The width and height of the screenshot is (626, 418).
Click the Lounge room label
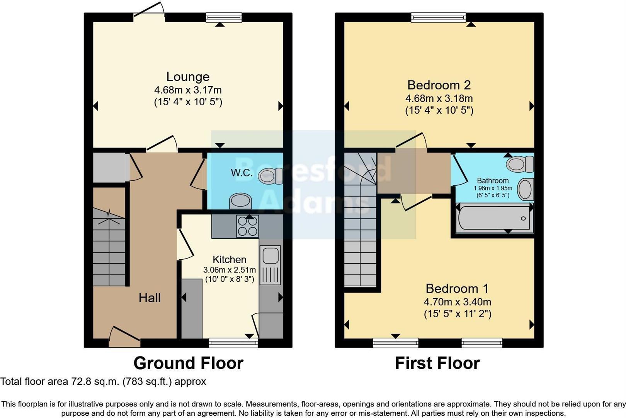click(188, 77)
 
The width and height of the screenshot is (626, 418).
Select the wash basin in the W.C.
click(240, 201)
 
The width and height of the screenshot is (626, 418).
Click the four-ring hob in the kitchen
click(247, 226)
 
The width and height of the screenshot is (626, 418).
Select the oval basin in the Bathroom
click(525, 189)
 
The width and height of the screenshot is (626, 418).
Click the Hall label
click(150, 298)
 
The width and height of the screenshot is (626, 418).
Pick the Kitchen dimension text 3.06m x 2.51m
click(230, 270)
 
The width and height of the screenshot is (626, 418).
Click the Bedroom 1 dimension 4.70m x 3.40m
click(457, 302)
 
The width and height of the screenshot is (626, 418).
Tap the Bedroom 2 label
click(439, 85)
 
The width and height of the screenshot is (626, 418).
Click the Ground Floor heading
click(188, 363)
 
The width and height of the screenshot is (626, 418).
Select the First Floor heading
click(437, 363)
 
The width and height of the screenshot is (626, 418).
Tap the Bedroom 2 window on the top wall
click(438, 17)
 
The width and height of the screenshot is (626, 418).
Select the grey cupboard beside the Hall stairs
click(111, 168)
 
